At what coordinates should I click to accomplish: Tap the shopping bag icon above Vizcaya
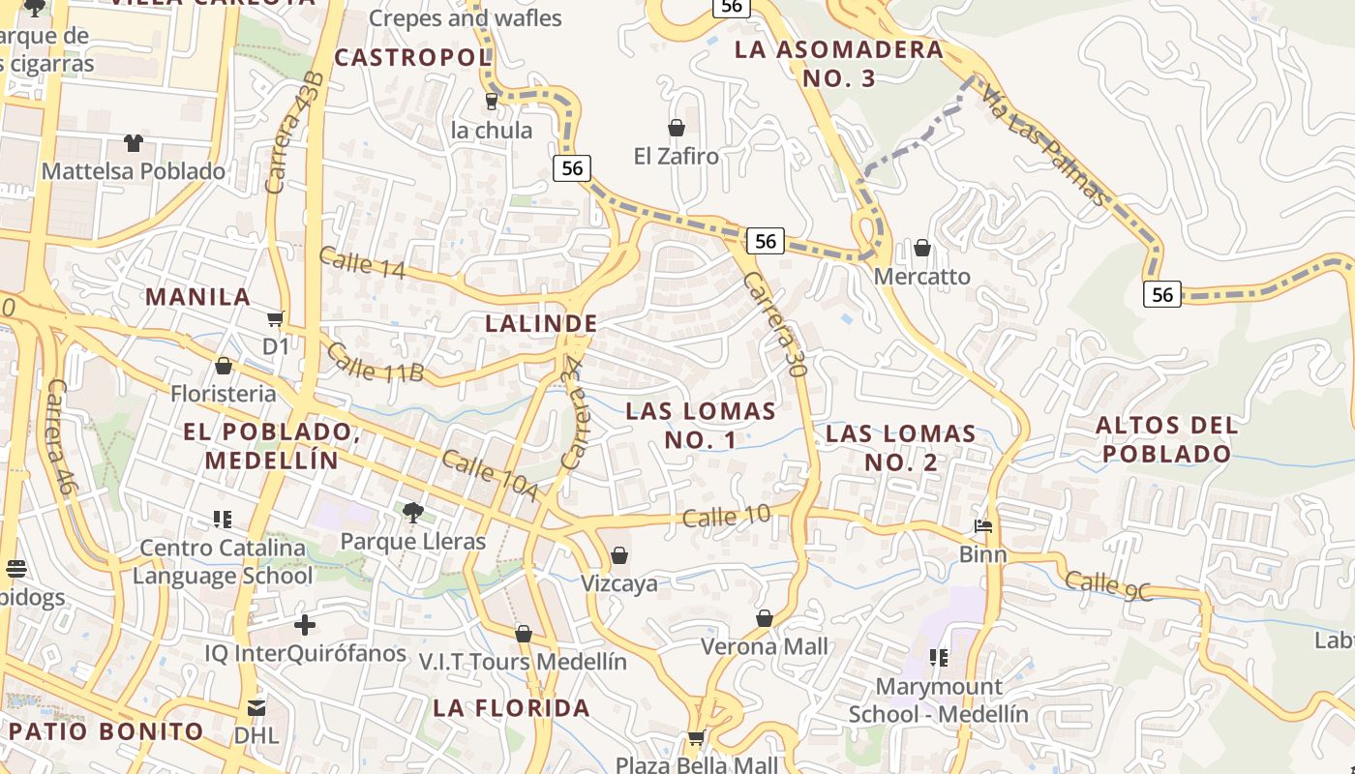pos(619,555)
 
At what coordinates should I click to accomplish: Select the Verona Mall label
pos(764,646)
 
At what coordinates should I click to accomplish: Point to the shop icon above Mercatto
pos(922,248)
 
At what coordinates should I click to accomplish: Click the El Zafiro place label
pos(677,156)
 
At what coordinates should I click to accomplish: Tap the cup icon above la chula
pos(491,101)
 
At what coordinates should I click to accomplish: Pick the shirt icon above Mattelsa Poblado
pos(134,143)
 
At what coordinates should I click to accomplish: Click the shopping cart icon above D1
pos(276,317)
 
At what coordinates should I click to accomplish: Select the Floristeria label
pos(224,394)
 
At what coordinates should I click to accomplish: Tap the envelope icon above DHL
pos(256,707)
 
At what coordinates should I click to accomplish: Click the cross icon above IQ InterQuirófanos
pos(305,625)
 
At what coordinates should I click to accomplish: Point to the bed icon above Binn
pos(983,526)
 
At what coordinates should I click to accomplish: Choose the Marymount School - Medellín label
pos(938,700)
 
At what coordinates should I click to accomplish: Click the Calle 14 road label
pos(361,263)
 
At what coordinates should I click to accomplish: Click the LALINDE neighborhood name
pos(541,323)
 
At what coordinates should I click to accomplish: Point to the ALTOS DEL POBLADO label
pos(1166,439)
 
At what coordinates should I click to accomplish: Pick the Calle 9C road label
pos(1109,585)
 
